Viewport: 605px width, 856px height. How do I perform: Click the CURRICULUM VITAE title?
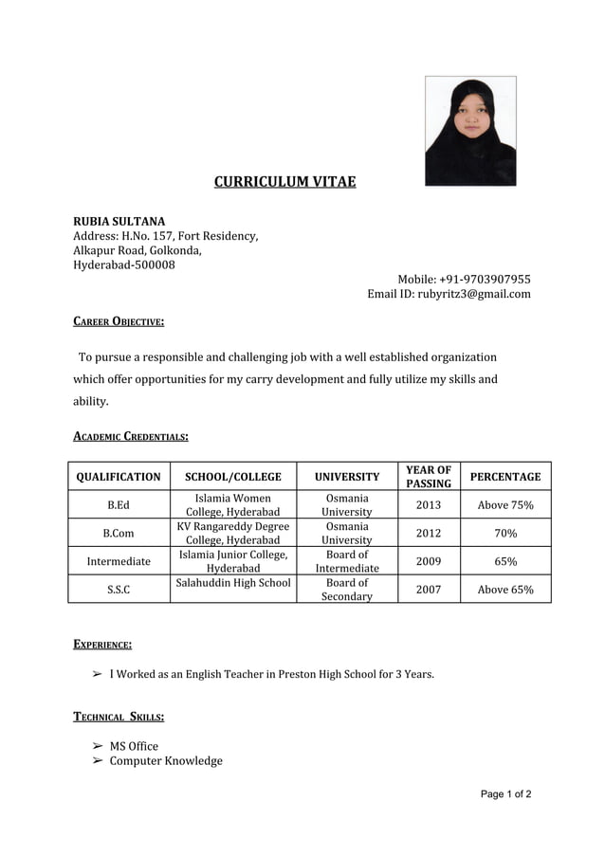click(284, 181)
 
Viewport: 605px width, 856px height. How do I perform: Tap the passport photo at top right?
click(470, 131)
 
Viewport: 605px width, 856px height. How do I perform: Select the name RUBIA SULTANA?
click(119, 221)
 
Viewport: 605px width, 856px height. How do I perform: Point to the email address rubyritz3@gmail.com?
click(449, 294)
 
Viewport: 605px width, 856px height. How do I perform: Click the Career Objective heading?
click(119, 322)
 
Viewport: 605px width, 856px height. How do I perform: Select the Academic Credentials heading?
click(131, 436)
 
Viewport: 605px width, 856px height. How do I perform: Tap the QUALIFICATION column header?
click(119, 477)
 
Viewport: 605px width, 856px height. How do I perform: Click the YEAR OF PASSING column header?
click(429, 477)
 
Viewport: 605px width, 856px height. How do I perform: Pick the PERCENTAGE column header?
click(505, 477)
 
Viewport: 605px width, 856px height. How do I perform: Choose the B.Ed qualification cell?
click(119, 505)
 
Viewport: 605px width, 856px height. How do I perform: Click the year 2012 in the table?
click(429, 533)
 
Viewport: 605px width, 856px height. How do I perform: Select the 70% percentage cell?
click(505, 533)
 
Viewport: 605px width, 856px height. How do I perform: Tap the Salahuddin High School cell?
click(233, 583)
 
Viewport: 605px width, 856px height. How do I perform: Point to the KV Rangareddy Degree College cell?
click(233, 533)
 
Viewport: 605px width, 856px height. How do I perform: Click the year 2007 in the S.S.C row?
click(429, 590)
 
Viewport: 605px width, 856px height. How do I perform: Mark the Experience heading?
click(102, 645)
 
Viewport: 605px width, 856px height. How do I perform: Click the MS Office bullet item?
click(134, 746)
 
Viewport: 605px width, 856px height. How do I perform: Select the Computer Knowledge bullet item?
click(166, 761)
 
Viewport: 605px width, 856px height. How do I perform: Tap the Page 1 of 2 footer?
click(505, 794)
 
